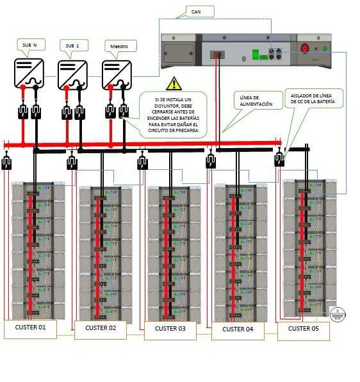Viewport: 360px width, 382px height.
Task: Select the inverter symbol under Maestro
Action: pyautogui.click(x=117, y=73)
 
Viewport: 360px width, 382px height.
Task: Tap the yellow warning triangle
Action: pyautogui.click(x=174, y=83)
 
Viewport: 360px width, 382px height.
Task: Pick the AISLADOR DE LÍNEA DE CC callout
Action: pyautogui.click(x=316, y=102)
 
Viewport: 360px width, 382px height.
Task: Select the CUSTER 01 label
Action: pyautogui.click(x=30, y=328)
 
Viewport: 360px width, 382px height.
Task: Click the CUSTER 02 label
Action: pyautogui.click(x=100, y=329)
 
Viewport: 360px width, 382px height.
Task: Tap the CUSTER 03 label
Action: pyautogui.click(x=170, y=330)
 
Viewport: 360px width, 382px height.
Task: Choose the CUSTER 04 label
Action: pyautogui.click(x=238, y=329)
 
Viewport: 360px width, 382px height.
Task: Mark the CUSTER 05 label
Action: pyautogui.click(x=304, y=329)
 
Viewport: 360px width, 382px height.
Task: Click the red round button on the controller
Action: pyautogui.click(x=306, y=48)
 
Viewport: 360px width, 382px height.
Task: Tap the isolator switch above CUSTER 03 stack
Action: pyautogui.click(x=142, y=163)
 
